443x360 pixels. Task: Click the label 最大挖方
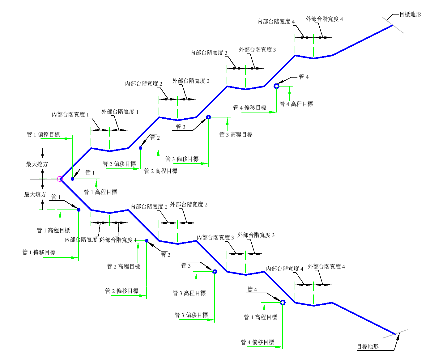[37, 164]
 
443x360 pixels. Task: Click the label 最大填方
[35, 194]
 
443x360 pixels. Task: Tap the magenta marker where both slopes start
[60, 179]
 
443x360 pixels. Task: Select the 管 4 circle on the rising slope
[276, 86]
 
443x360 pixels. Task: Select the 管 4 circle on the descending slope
[283, 303]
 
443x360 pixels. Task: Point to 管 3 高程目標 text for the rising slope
[236, 134]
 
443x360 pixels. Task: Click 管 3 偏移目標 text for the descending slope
[191, 315]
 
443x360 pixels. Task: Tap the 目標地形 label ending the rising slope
[410, 14]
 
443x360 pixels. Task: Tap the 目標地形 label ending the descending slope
[368, 346]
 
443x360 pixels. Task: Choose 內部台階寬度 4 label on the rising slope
[276, 22]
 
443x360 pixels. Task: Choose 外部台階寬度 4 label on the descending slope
[326, 267]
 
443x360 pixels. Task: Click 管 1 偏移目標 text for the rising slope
[43, 134]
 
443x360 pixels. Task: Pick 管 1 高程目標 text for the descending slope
[53, 230]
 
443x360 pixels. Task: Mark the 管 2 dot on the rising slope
[140, 148]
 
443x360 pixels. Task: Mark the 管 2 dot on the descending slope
[147, 241]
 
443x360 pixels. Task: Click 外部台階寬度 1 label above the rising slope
[120, 112]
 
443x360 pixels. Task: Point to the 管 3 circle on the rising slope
[208, 117]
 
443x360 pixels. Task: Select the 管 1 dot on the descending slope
[79, 210]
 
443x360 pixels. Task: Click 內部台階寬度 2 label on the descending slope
[149, 206]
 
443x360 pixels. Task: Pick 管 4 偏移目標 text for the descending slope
[258, 342]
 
